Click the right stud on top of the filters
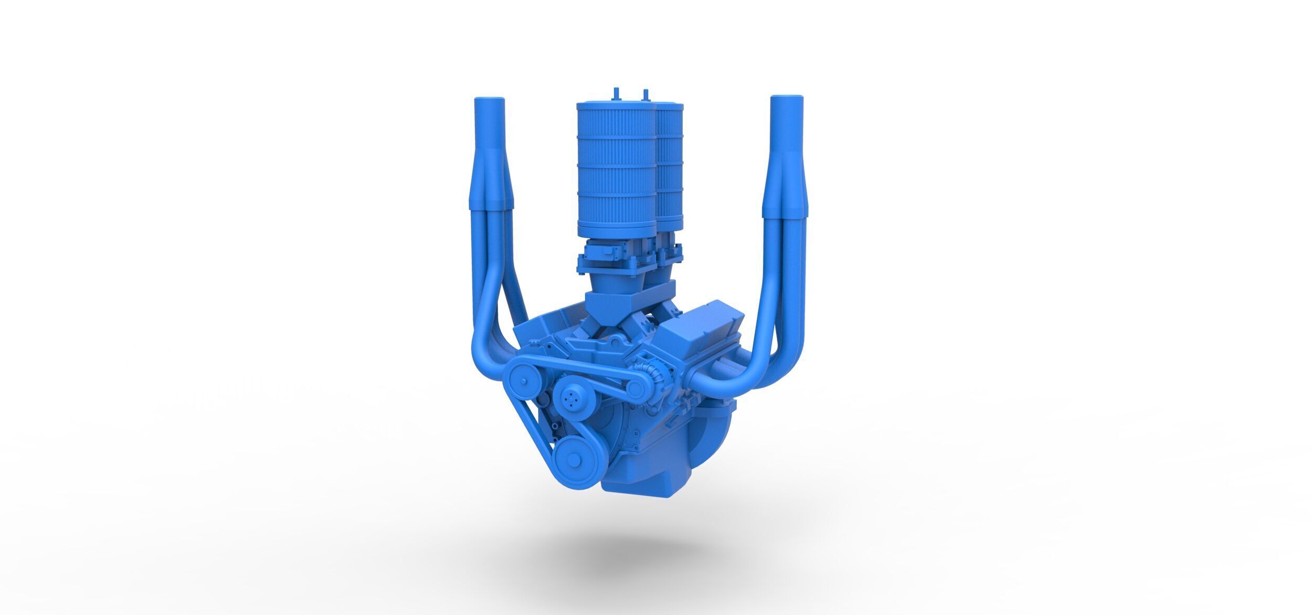(645, 94)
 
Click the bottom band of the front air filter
(616, 226)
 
